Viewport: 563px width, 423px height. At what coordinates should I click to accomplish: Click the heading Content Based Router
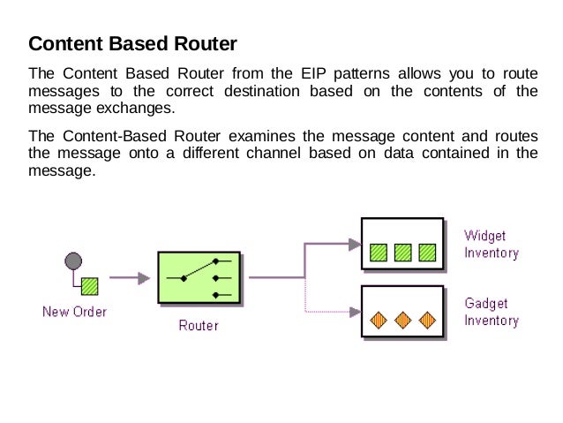click(132, 44)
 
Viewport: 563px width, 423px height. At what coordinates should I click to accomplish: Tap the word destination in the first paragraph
click(262, 91)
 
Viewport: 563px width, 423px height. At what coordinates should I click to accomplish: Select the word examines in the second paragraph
click(262, 136)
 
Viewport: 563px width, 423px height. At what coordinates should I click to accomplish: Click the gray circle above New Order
click(73, 261)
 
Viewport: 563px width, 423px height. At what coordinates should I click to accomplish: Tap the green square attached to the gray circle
click(89, 286)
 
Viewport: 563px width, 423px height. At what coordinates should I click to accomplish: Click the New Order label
click(75, 312)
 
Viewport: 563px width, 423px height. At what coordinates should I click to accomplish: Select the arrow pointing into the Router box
click(130, 278)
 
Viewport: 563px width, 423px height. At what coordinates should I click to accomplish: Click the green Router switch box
click(199, 277)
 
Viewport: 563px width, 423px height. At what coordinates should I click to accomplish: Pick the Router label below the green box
click(199, 326)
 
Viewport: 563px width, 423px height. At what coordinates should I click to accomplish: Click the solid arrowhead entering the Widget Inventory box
click(355, 245)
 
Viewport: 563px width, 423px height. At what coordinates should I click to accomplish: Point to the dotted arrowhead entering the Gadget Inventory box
click(355, 312)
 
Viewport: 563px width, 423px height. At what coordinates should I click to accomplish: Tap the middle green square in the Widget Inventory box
click(403, 253)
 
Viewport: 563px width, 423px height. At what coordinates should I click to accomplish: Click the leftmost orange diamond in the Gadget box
click(379, 321)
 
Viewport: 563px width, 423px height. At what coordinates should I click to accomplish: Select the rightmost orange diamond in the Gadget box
click(427, 321)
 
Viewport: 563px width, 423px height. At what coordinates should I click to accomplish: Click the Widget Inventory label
click(492, 245)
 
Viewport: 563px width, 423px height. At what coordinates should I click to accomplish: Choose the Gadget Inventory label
click(492, 312)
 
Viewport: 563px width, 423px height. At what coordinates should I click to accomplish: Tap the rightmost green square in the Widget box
click(427, 253)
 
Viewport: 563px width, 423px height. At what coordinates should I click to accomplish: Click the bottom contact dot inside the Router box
click(215, 296)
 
